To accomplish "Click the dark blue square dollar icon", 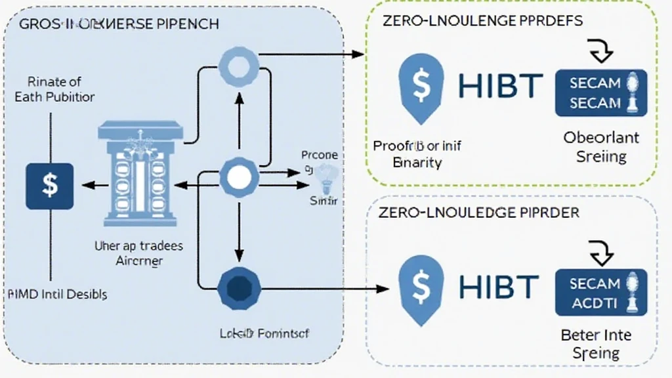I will tap(49, 186).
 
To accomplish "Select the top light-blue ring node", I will tap(239, 65).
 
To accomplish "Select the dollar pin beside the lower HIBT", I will tap(421, 287).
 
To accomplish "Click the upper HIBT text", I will tap(501, 86).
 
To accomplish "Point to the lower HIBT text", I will tap(501, 287).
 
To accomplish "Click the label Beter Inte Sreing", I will tap(596, 344).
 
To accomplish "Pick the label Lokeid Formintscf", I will tap(264, 333).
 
